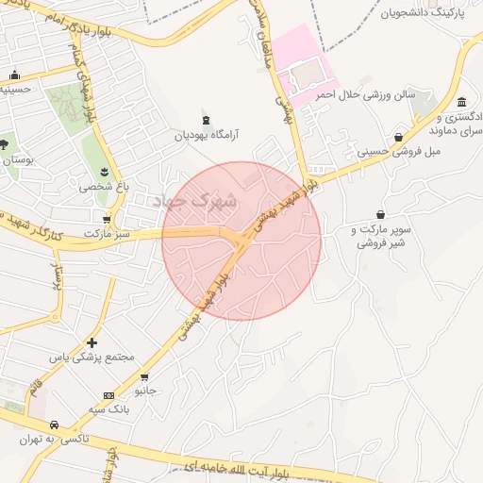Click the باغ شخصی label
click(102, 187)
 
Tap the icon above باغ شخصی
click(103, 172)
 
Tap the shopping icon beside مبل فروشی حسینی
click(399, 138)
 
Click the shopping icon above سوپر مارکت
click(380, 215)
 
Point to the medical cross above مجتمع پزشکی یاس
click(92, 342)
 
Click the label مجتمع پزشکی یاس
click(92, 358)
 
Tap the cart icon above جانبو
click(143, 375)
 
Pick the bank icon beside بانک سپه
click(109, 395)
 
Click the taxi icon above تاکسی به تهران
click(54, 425)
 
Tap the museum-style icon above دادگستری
click(461, 103)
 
